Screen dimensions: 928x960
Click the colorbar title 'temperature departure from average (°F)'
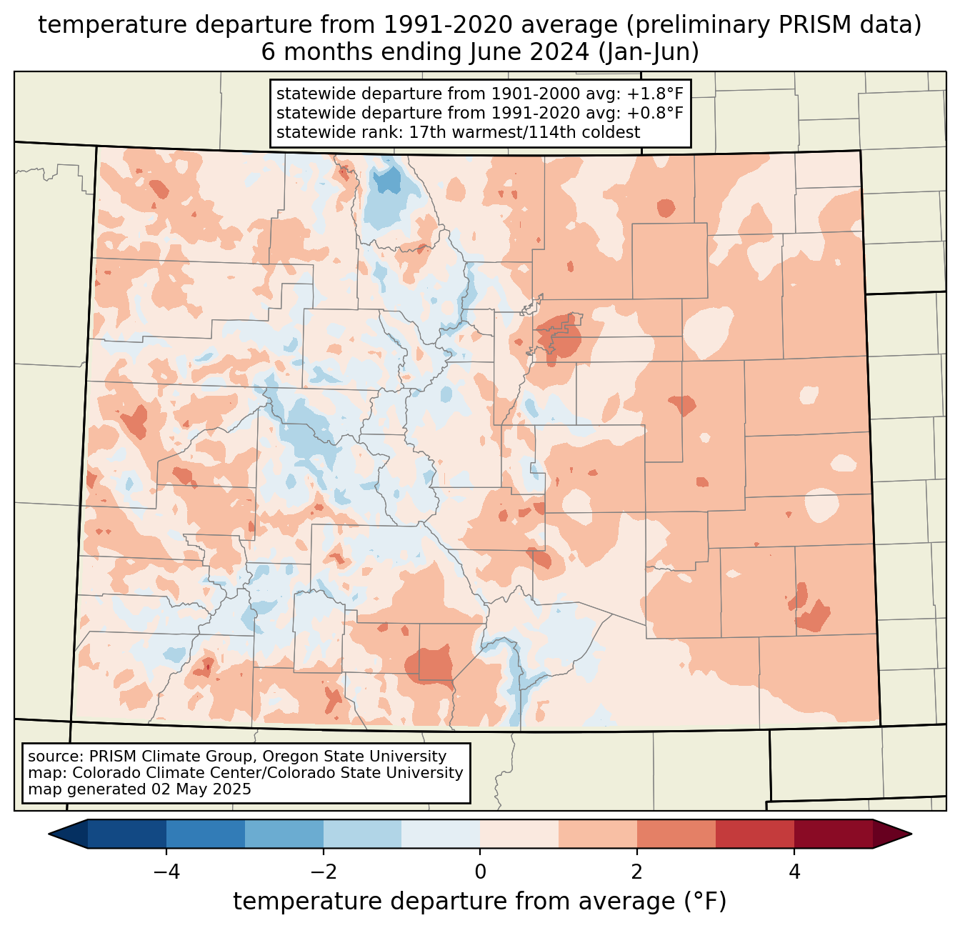click(x=480, y=902)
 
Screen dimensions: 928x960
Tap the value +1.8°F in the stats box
click(x=655, y=94)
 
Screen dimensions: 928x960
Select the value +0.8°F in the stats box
click(x=655, y=113)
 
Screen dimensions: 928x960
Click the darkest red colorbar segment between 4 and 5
click(x=834, y=834)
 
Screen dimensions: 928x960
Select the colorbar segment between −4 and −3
click(x=206, y=834)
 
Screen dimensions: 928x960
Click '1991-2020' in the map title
click(x=433, y=25)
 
